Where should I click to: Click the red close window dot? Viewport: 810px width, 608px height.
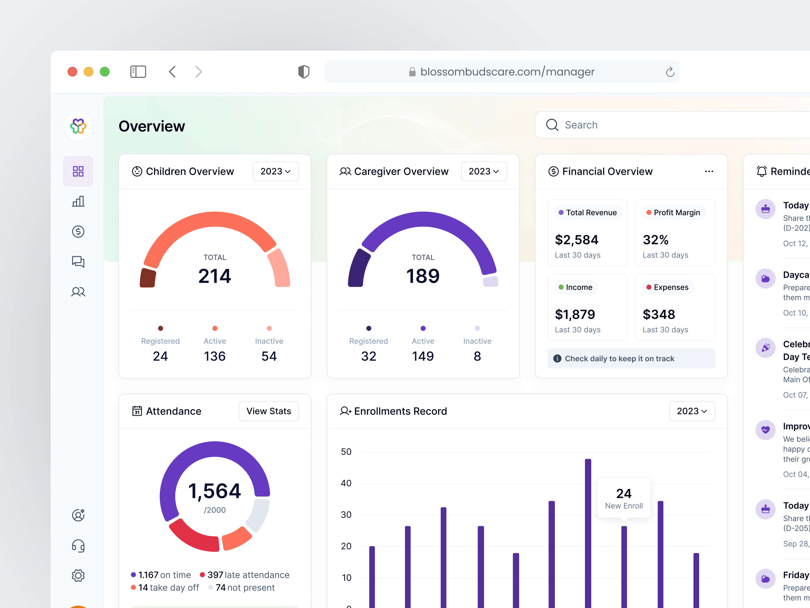point(72,71)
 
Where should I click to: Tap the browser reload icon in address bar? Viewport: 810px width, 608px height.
point(670,72)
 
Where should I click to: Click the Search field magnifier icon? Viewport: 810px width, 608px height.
point(552,125)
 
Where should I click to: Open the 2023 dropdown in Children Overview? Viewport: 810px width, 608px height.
point(275,171)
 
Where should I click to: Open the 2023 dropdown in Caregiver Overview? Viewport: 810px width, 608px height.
point(483,171)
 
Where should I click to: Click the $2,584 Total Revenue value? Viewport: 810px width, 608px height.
point(576,240)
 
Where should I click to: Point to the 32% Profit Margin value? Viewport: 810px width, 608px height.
point(656,240)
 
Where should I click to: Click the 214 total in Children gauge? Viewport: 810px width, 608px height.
point(215,276)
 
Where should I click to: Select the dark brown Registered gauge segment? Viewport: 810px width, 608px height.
point(148,278)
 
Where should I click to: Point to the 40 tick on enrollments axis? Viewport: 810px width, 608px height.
point(346,483)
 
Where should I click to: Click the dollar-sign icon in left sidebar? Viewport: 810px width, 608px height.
point(78,231)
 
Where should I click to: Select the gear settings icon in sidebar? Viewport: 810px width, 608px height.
point(78,575)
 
